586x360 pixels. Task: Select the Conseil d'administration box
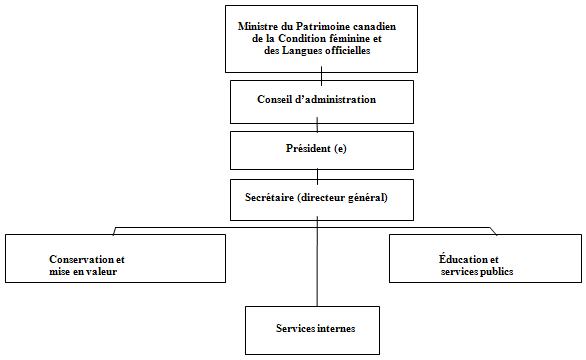tap(317, 99)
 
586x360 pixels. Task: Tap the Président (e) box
tap(317, 149)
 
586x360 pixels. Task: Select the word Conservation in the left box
tap(83, 259)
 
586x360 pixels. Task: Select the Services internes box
tap(317, 328)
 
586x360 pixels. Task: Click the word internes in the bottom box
tap(335, 328)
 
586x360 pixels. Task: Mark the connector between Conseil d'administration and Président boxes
tap(317, 125)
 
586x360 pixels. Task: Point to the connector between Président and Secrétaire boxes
tap(317, 174)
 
